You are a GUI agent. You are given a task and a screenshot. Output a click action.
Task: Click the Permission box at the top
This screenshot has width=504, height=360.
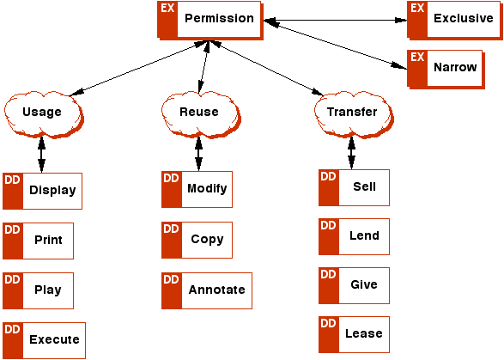tap(210, 21)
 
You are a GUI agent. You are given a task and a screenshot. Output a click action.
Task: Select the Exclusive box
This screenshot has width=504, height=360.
tap(455, 21)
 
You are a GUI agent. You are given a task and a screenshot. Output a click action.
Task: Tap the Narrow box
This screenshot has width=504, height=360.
tap(446, 70)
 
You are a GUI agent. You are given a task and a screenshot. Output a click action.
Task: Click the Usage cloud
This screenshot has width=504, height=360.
tap(44, 114)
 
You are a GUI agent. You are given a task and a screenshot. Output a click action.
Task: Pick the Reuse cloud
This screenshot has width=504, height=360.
tap(201, 114)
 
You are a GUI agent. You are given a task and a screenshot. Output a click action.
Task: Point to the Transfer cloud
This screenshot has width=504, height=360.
tap(354, 114)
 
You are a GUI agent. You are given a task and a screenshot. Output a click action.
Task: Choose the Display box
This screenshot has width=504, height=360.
tap(42, 191)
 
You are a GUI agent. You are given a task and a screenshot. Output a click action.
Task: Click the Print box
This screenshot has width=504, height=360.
tap(39, 241)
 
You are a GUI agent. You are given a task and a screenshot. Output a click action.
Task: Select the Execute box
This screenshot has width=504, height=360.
tap(44, 340)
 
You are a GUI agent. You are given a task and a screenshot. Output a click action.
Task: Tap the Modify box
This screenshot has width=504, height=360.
tap(197, 190)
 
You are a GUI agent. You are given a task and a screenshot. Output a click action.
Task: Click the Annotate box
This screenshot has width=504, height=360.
tap(207, 290)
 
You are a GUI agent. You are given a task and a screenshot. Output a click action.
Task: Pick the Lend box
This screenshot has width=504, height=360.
tap(354, 237)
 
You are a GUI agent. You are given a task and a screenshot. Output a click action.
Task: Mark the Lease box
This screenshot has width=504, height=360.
tap(354, 334)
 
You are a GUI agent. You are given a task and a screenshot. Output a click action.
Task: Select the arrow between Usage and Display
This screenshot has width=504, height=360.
tap(41, 155)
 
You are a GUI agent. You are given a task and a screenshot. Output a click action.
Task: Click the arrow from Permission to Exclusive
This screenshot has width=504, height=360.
tap(335, 21)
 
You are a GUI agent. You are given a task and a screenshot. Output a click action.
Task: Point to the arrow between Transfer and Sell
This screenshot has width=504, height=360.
tap(352, 153)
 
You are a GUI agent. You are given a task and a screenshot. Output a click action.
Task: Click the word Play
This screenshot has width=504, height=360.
tap(48, 290)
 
